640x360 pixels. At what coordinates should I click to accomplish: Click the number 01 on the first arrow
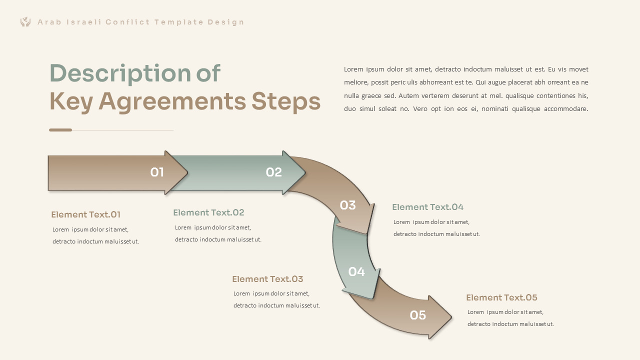tap(157, 172)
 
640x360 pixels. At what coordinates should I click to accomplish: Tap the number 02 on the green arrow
tap(274, 172)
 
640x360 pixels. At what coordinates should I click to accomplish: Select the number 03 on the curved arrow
tap(347, 205)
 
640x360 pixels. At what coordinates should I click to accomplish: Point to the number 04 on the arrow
tap(356, 272)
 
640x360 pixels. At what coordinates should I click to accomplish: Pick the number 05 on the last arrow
tap(417, 315)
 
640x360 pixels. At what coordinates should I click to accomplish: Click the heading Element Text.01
tap(85, 215)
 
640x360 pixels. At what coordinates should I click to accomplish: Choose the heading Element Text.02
tap(208, 213)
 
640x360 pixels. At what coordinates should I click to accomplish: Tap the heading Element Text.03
tap(267, 279)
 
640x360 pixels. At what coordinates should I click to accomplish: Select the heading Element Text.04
tap(427, 207)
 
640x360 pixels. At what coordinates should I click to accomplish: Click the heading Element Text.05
tap(501, 298)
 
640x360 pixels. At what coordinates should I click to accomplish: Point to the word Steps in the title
tap(285, 101)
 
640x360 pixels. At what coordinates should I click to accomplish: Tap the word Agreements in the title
tap(172, 101)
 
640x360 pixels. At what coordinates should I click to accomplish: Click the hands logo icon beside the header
tap(25, 22)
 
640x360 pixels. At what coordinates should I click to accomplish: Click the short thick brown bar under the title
tap(60, 130)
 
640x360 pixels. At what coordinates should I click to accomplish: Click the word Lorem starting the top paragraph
tap(353, 69)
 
